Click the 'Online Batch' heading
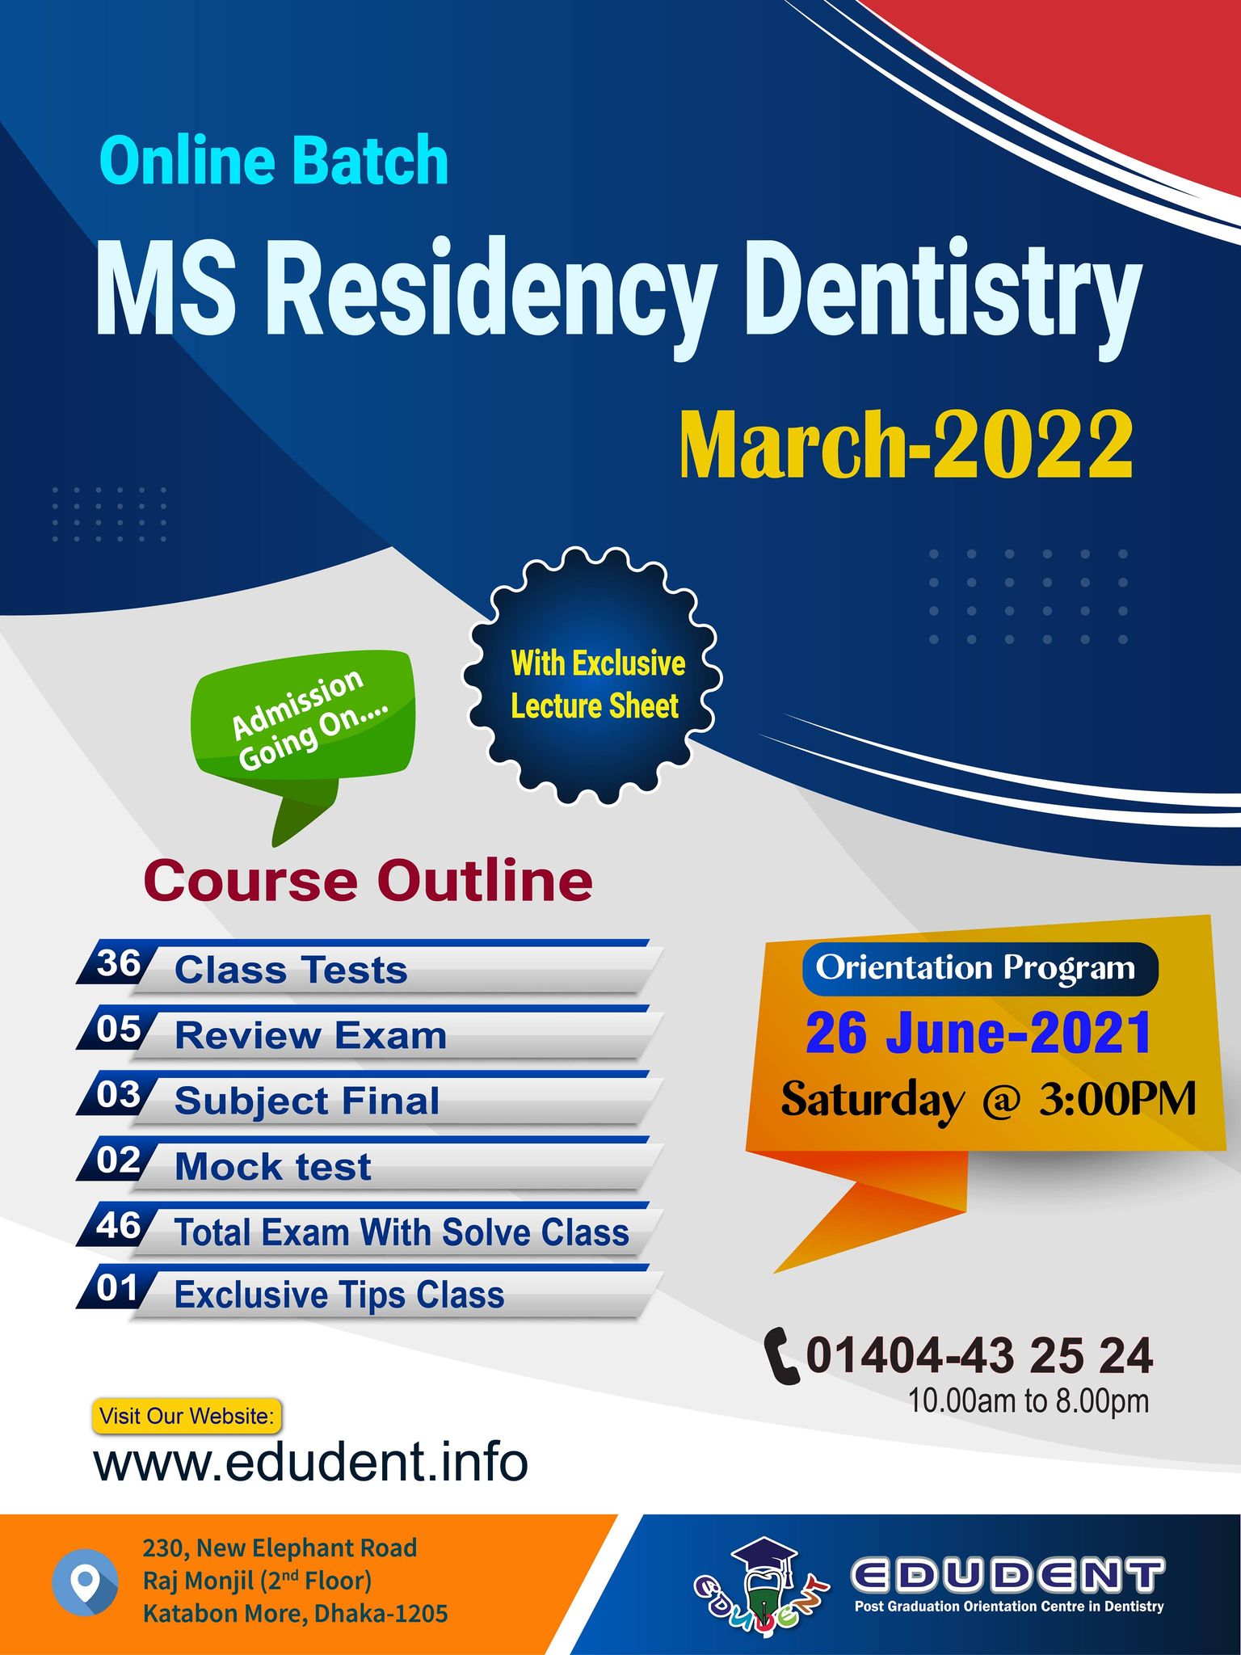pyautogui.click(x=274, y=160)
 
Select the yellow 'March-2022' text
pyautogui.click(x=907, y=446)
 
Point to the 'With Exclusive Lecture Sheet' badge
pyautogui.click(x=592, y=676)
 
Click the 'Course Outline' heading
pyautogui.click(x=368, y=880)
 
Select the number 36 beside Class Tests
pyautogui.click(x=118, y=963)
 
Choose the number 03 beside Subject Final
pyautogui.click(x=118, y=1094)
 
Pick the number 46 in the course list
pyautogui.click(x=118, y=1225)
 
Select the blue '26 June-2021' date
pyautogui.click(x=978, y=1034)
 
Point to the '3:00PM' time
pyautogui.click(x=1117, y=1099)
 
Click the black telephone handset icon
pyautogui.click(x=781, y=1356)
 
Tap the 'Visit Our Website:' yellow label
pyautogui.click(x=187, y=1416)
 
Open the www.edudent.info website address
pyautogui.click(x=311, y=1463)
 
